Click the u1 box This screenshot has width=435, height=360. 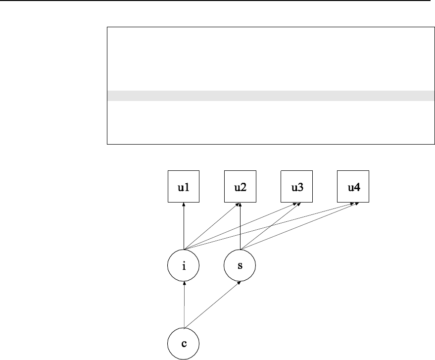pyautogui.click(x=184, y=187)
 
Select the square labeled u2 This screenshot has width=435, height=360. pyautogui.click(x=240, y=187)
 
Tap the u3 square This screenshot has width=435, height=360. pyautogui.click(x=296, y=187)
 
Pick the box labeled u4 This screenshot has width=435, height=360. pyautogui.click(x=353, y=187)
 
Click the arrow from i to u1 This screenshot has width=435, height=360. pyautogui.click(x=184, y=228)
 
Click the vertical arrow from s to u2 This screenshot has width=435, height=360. pyautogui.click(x=240, y=228)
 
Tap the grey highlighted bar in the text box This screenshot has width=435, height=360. pyautogui.click(x=267, y=96)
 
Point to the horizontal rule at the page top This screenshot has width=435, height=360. pyautogui.click(x=217, y=1)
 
